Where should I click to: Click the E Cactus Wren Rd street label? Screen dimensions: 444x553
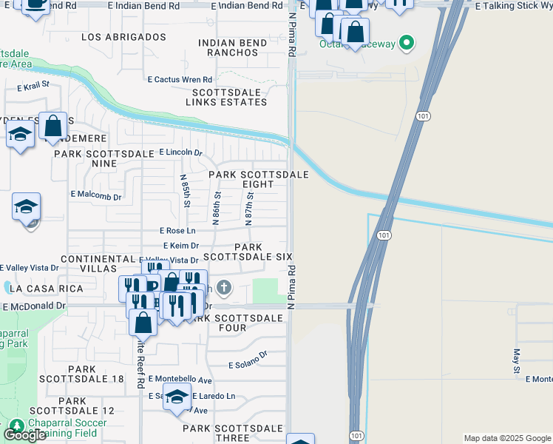click(180, 79)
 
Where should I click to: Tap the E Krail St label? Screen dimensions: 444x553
click(33, 86)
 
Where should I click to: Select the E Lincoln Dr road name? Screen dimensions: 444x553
click(180, 152)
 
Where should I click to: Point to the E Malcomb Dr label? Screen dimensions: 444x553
click(95, 194)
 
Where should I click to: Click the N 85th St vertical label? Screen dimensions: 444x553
click(186, 190)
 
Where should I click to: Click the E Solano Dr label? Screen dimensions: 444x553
click(248, 365)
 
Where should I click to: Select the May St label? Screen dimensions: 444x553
click(517, 361)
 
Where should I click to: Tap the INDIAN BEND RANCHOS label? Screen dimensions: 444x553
click(233, 48)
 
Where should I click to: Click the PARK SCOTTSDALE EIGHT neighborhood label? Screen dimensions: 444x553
click(258, 179)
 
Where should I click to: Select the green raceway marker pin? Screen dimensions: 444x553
click(406, 44)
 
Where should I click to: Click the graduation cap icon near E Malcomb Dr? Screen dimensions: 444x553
click(27, 207)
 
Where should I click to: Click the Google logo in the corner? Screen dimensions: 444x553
click(24, 434)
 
